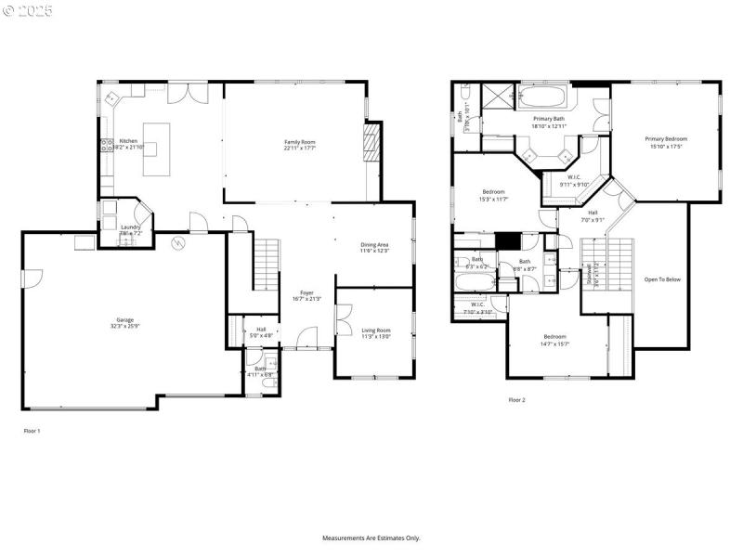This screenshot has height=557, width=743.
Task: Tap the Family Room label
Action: coord(300,141)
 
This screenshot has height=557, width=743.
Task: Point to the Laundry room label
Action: coord(130,227)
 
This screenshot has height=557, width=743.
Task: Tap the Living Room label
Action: coord(375,330)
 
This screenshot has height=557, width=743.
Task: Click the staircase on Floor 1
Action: coord(267,264)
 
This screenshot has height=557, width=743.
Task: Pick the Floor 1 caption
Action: coord(32,432)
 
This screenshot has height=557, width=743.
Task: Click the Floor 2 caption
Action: coord(516,400)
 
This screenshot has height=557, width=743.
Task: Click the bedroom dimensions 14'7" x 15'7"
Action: coord(554,343)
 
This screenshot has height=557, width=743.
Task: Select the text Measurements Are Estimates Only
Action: coord(371,538)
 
